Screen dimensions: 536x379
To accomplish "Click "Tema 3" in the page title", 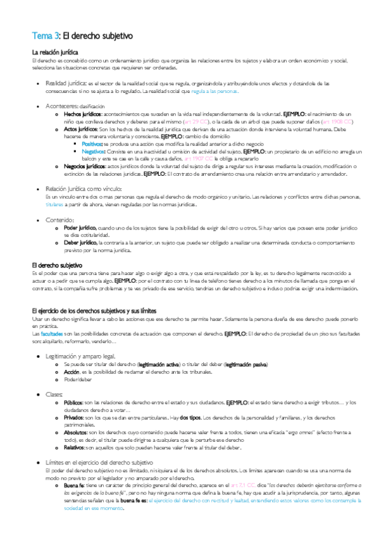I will point(46,36).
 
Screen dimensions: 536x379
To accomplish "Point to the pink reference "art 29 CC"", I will point(201,119).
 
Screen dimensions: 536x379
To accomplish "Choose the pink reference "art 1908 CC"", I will point(338,119).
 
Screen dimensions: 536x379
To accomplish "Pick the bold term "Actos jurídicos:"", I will point(80,128).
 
